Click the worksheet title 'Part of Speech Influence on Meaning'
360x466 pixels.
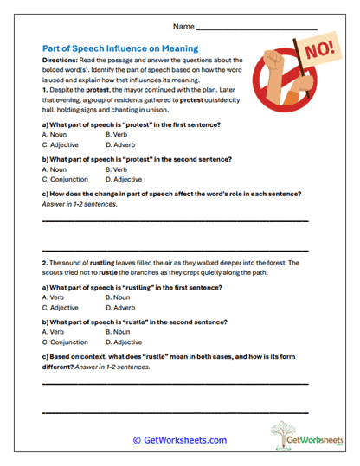120,48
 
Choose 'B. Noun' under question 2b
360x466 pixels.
119,331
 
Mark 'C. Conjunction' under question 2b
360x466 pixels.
65,342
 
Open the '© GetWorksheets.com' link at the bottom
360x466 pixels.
179,440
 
